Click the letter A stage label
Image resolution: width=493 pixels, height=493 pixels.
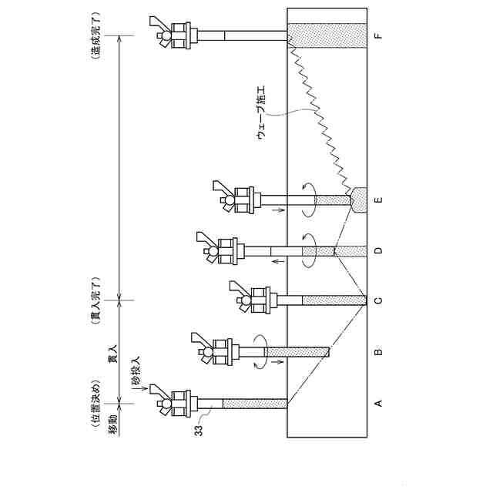pos(379,402)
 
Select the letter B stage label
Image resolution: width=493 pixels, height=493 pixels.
pos(379,352)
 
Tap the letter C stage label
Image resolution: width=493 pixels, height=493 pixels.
pos(379,300)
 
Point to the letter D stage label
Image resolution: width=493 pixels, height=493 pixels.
pos(379,250)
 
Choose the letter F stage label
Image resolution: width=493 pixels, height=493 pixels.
pos(379,35)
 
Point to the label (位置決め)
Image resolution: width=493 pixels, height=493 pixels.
pos(96,401)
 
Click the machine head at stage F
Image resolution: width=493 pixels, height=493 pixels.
pos(174,34)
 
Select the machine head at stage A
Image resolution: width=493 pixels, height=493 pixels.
pos(174,401)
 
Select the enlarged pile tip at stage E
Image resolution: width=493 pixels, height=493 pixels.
pos(360,200)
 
